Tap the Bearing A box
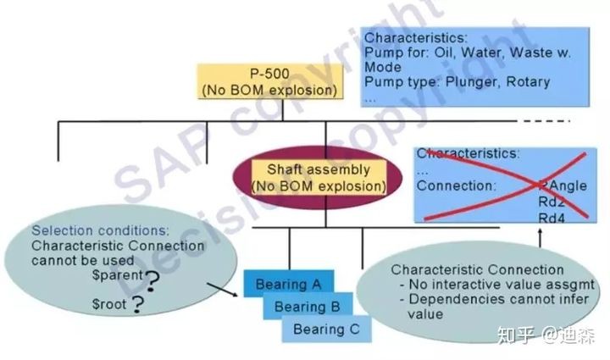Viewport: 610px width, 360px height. click(288, 284)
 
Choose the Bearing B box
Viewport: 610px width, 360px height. click(307, 306)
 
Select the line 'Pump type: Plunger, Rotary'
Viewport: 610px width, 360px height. click(457, 82)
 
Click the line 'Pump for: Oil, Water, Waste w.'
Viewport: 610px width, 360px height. click(466, 53)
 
